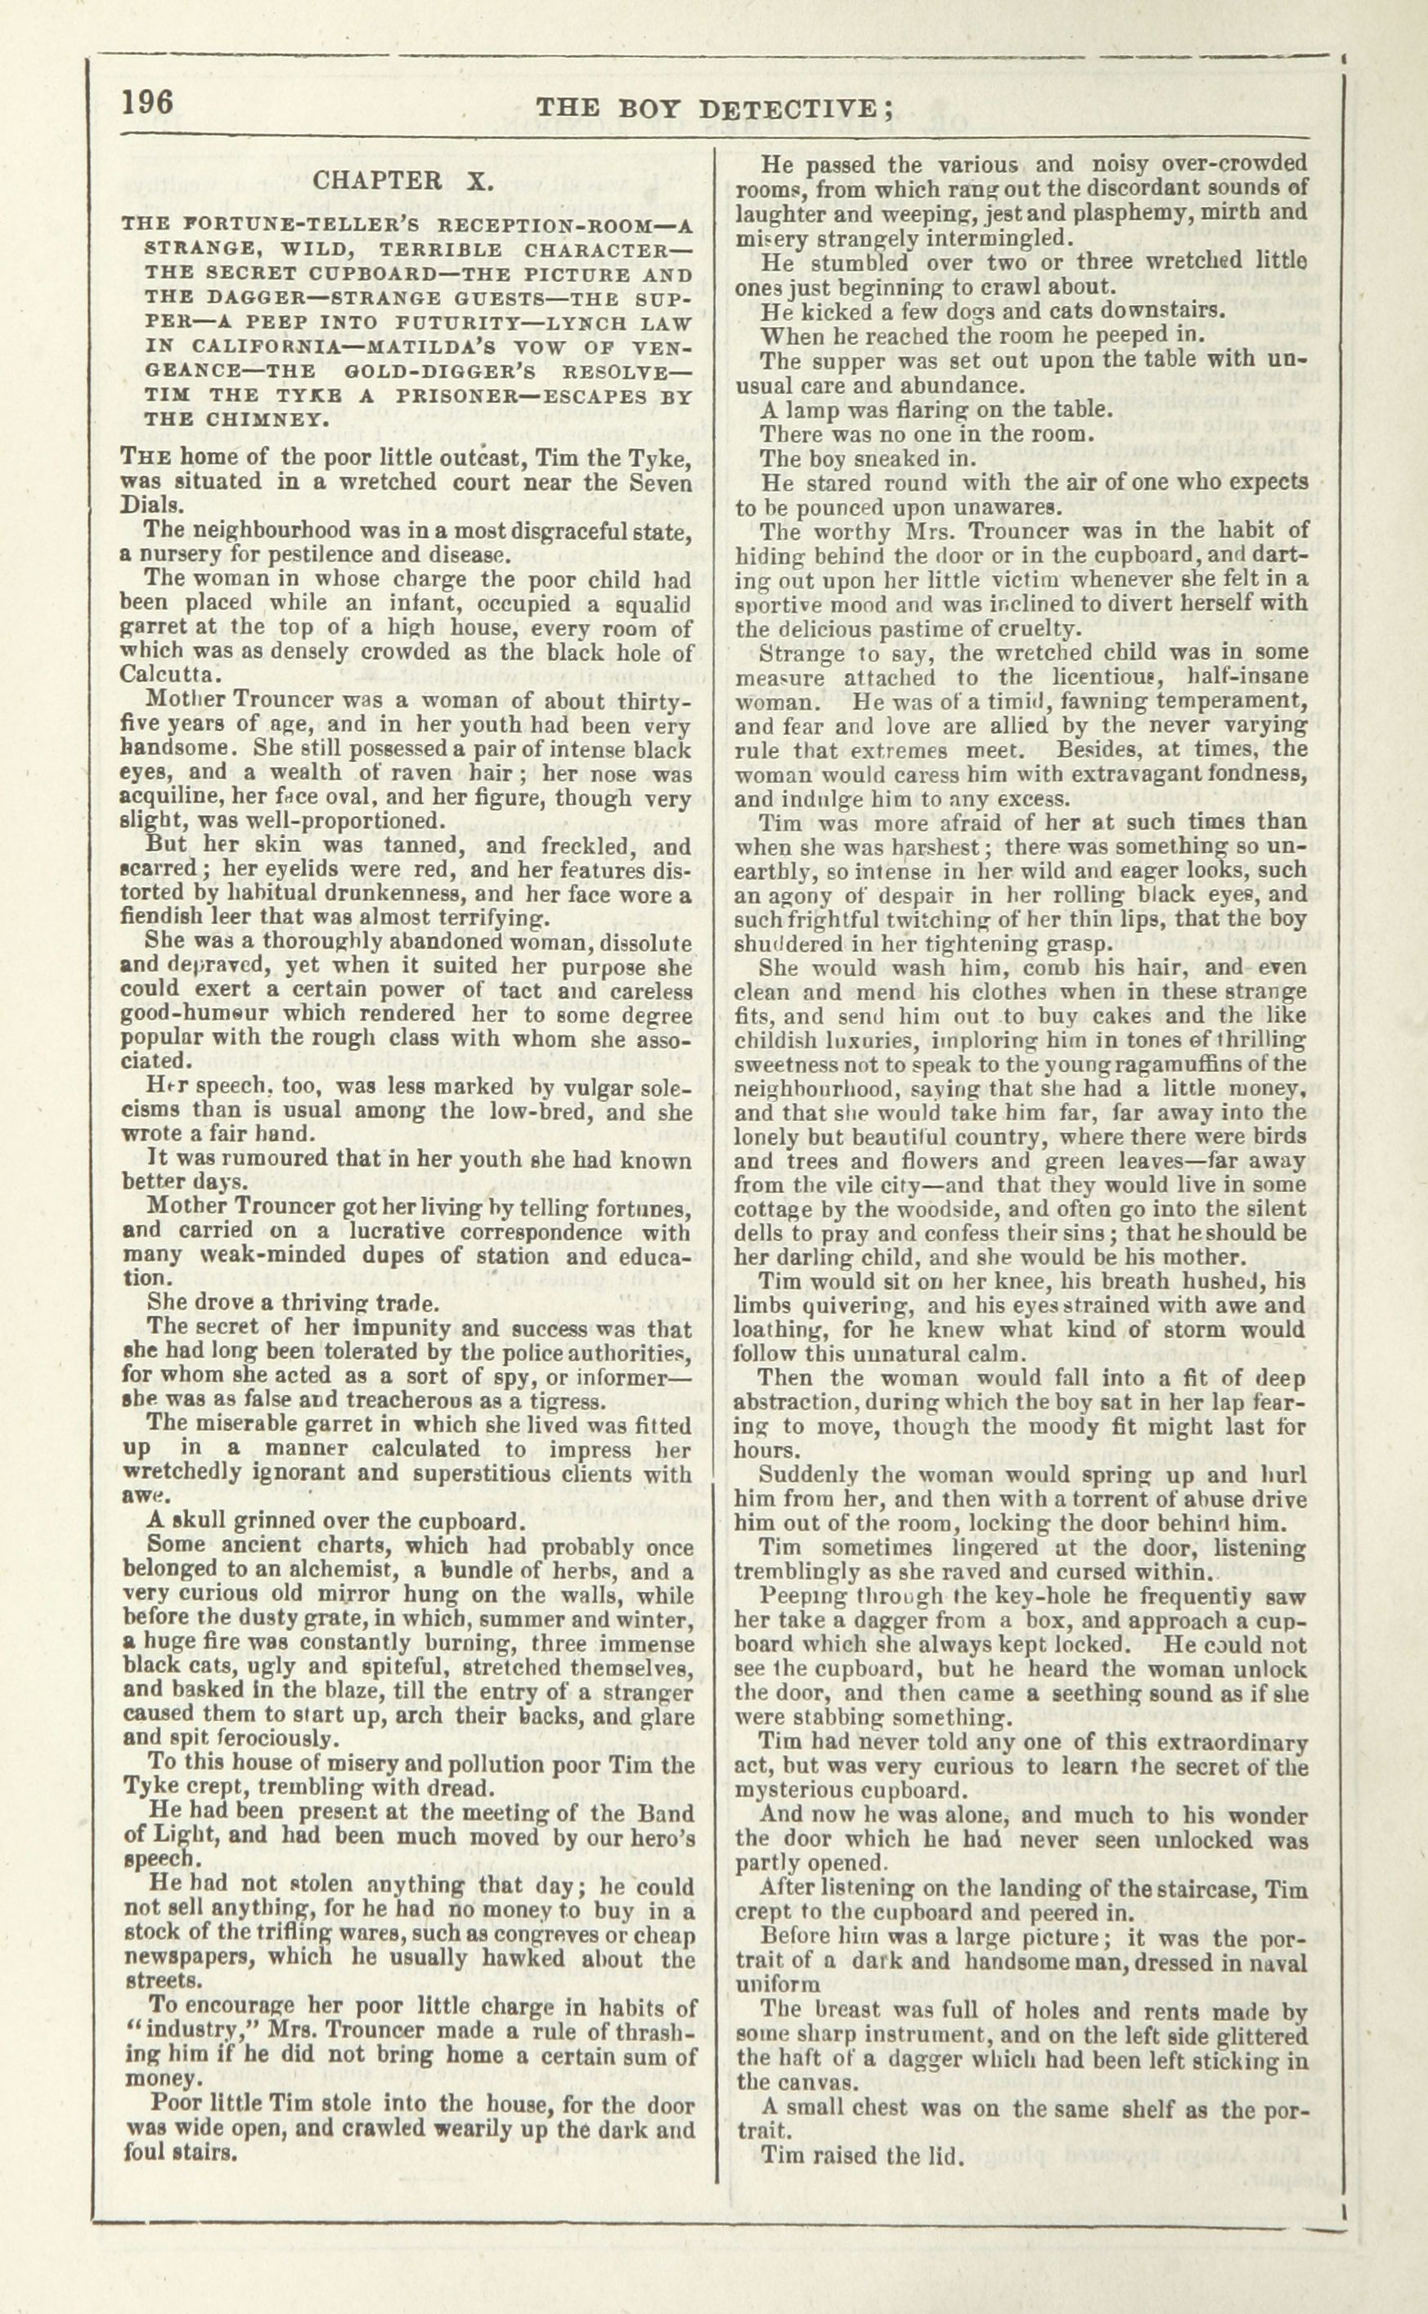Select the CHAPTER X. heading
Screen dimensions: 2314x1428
[397, 181]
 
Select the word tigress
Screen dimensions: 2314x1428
[561, 1401]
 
